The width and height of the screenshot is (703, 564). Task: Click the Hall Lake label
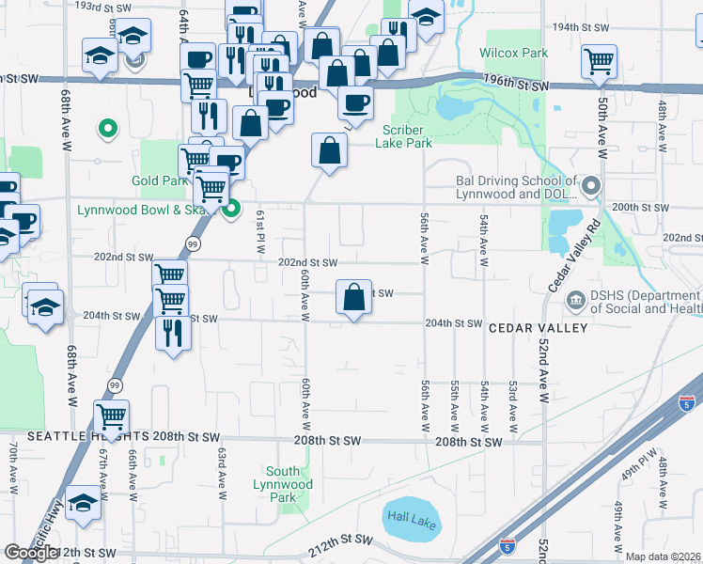pyautogui.click(x=411, y=519)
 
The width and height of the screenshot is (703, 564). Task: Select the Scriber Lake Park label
pyautogui.click(x=404, y=136)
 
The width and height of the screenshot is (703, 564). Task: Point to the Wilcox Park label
pyautogui.click(x=513, y=54)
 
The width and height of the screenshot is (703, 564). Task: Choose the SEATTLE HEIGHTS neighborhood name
pyautogui.click(x=75, y=437)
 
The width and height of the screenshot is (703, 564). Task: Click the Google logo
pyautogui.click(x=30, y=553)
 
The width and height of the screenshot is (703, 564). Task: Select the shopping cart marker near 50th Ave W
pyautogui.click(x=599, y=62)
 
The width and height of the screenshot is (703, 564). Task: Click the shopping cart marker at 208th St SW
pyautogui.click(x=111, y=415)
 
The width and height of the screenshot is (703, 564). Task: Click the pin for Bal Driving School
pyautogui.click(x=590, y=186)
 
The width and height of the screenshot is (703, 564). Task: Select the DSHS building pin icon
pyautogui.click(x=575, y=301)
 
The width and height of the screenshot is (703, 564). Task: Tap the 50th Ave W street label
pyautogui.click(x=601, y=125)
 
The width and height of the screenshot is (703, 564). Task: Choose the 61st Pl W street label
pyautogui.click(x=260, y=231)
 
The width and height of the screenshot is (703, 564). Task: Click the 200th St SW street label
pyautogui.click(x=640, y=207)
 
